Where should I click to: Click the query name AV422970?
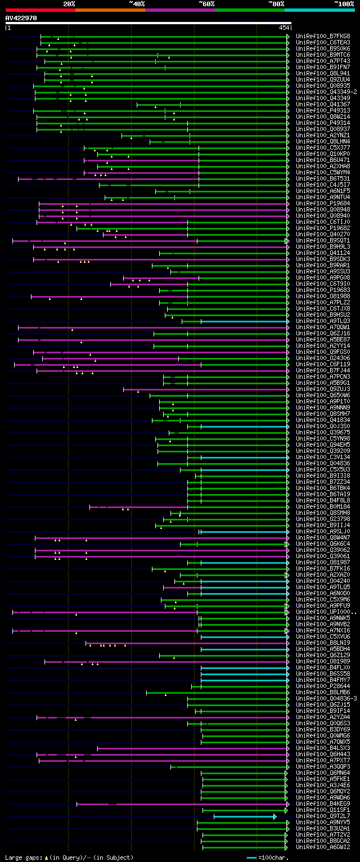21,18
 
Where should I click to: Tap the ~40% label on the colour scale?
137,3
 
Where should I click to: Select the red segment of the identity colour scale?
40,10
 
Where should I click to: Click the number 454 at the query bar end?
283,28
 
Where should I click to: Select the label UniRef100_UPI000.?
326,612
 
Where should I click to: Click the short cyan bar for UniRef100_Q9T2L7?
245,816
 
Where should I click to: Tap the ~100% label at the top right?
344,3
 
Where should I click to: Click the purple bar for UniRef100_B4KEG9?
180,803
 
